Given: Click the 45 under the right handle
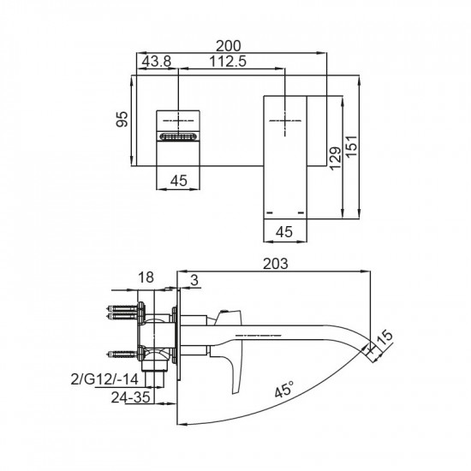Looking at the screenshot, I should click(285, 231).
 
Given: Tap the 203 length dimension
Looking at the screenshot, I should click(274, 263).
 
